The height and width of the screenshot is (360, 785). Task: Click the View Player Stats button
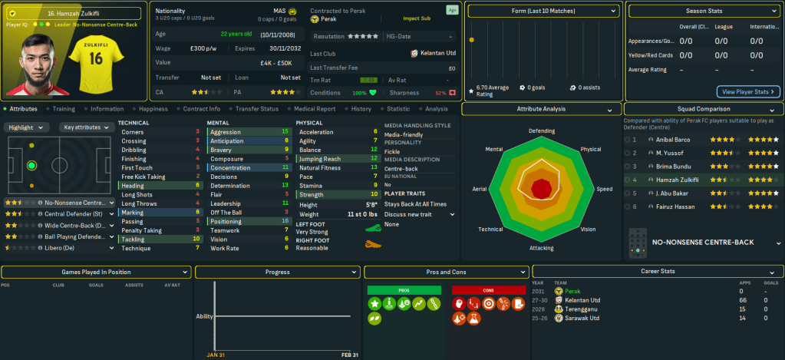[748, 91]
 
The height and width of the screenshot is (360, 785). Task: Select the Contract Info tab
[203, 109]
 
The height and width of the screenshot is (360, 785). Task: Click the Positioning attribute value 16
[285, 221]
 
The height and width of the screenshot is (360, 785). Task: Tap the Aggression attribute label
[226, 131]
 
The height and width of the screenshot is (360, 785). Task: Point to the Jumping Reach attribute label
[320, 158]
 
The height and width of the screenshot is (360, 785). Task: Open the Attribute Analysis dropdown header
[541, 110]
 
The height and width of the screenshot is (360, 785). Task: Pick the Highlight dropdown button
[28, 127]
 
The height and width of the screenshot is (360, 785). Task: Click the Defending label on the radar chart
[541, 131]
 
